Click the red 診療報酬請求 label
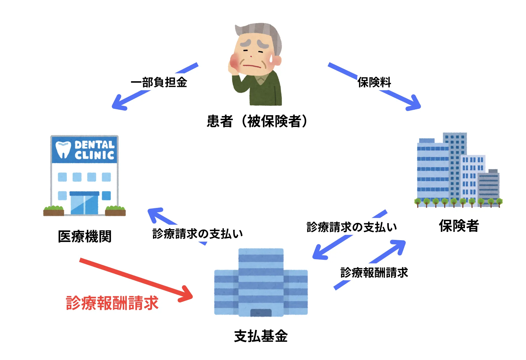tap(112, 303)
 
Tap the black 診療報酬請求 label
tap(374, 272)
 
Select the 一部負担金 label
tap(159, 82)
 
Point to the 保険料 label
tap(374, 82)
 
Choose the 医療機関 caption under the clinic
tap(84, 236)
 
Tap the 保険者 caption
tap(459, 226)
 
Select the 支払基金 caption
tap(261, 336)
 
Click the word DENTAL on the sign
tap(94, 145)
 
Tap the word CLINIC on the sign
tap(94, 156)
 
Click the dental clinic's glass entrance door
tap(84, 204)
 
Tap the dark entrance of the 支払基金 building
tap(261, 313)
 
